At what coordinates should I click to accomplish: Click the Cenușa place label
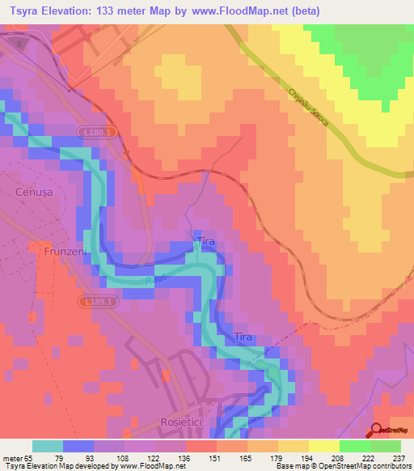coord(33,192)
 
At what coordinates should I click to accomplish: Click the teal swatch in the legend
coord(48,446)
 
